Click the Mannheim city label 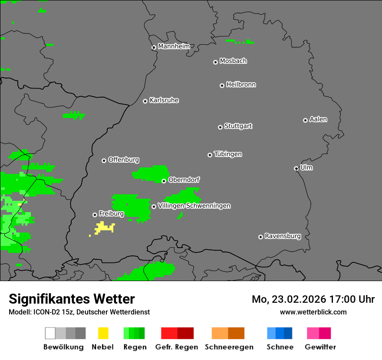(x=174, y=46)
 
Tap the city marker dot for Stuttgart (x=220, y=127)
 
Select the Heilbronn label (x=241, y=85)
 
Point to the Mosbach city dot (x=215, y=62)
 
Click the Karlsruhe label (x=164, y=100)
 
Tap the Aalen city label (x=318, y=119)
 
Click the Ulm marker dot (x=296, y=168)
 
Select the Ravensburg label (x=283, y=236)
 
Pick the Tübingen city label (x=228, y=154)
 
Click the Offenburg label (x=124, y=160)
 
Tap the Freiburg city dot (x=95, y=215)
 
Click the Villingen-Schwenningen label (x=194, y=206)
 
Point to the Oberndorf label (x=184, y=180)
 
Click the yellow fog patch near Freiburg (x=103, y=227)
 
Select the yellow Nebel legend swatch (x=103, y=333)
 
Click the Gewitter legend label (x=320, y=347)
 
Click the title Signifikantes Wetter (x=72, y=299)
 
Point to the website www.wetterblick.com (x=313, y=312)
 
